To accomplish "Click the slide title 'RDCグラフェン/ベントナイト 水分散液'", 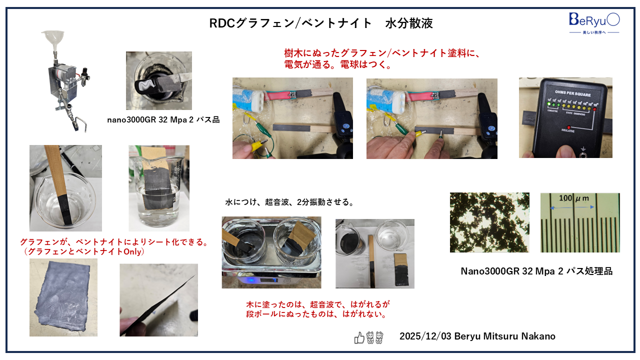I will [320, 23].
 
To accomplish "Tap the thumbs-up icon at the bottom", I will [359, 337].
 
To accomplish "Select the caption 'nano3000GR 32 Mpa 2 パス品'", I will [163, 120].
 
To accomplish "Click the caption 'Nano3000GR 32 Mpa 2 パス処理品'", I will [536, 271].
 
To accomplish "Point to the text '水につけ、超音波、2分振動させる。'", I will [289, 202].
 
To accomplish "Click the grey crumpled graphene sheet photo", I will [63, 297].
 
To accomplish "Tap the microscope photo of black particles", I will [489, 222].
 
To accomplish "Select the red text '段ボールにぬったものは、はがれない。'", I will [317, 314].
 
